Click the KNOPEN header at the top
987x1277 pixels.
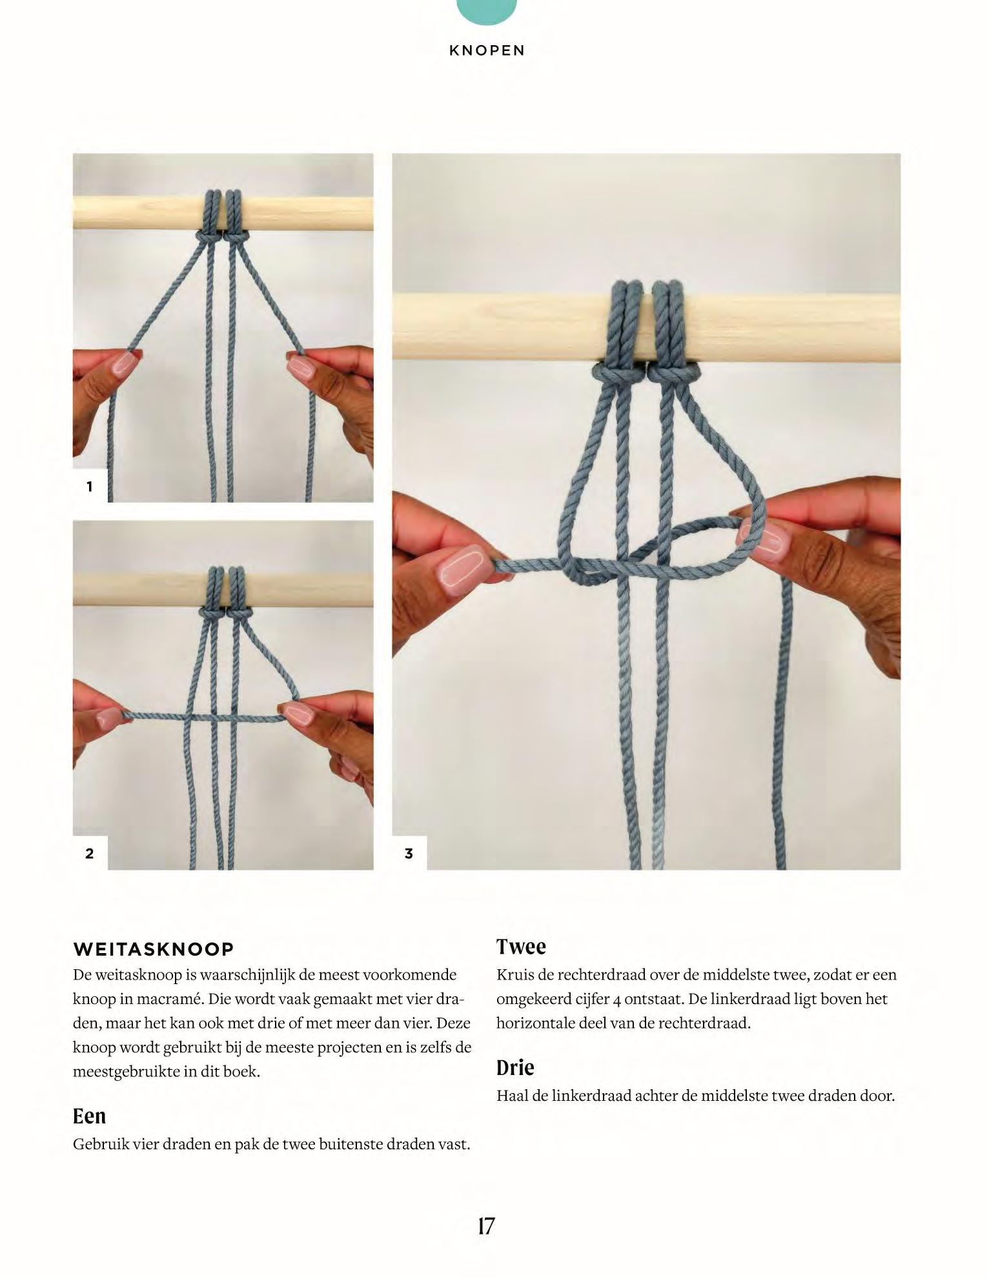[x=487, y=50]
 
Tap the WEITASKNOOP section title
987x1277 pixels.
[x=154, y=949]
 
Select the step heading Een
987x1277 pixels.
[x=89, y=1116]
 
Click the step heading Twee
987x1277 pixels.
[x=521, y=947]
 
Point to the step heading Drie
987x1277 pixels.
[x=515, y=1068]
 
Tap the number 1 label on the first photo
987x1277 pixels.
[x=90, y=487]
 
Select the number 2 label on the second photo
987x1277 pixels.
[x=90, y=854]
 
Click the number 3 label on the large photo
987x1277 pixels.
[x=409, y=854]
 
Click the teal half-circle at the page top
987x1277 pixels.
[x=487, y=12]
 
